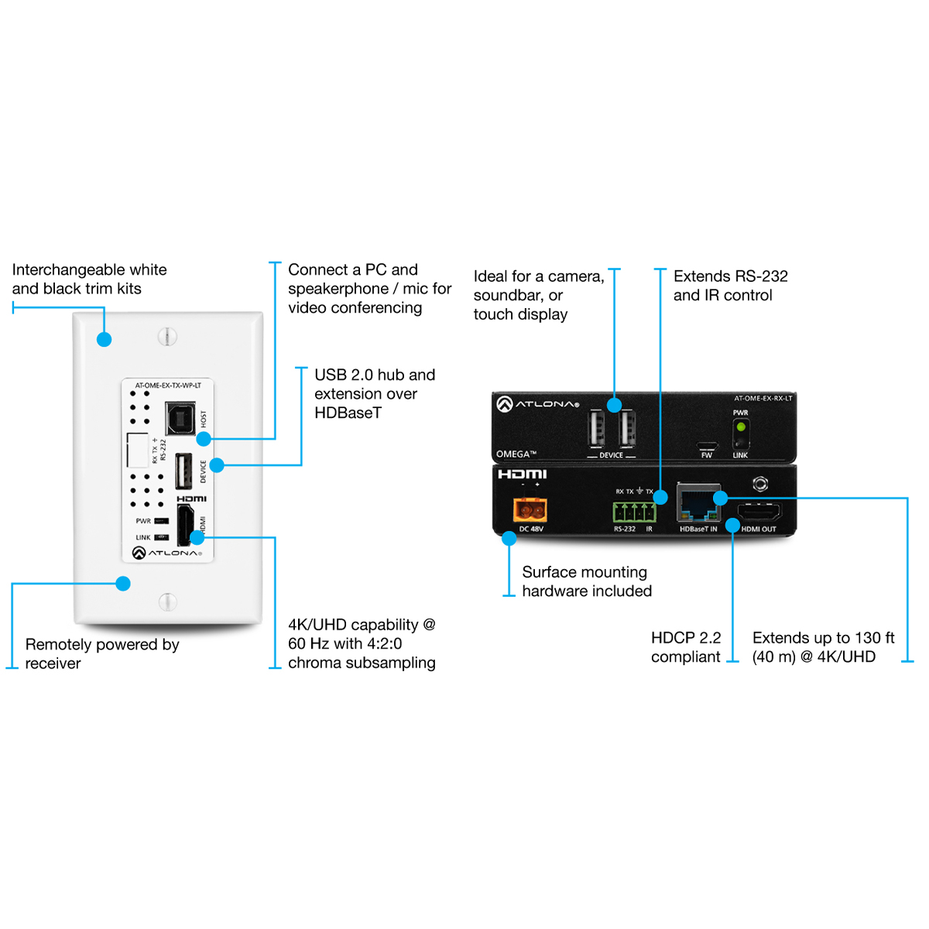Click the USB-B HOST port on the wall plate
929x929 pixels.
point(180,419)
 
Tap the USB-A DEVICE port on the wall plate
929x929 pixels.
point(183,471)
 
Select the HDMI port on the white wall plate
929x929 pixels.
point(184,525)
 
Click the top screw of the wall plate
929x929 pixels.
point(167,337)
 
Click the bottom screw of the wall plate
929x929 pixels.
point(167,602)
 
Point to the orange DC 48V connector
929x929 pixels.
point(530,509)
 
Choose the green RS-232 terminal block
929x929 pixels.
point(634,512)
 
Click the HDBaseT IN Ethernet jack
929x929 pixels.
point(698,504)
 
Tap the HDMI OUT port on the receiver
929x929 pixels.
point(759,512)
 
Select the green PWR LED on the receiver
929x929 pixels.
point(741,427)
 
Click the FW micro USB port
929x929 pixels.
point(706,446)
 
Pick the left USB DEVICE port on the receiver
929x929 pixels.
point(597,428)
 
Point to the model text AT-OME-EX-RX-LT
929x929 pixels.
point(763,399)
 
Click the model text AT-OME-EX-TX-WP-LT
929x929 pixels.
point(168,386)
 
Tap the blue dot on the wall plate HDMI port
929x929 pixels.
point(197,537)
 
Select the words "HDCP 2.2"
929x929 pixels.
point(685,638)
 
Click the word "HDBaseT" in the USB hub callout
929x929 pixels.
point(348,413)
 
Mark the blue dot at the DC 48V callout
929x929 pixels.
point(509,539)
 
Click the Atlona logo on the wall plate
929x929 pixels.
point(167,553)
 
